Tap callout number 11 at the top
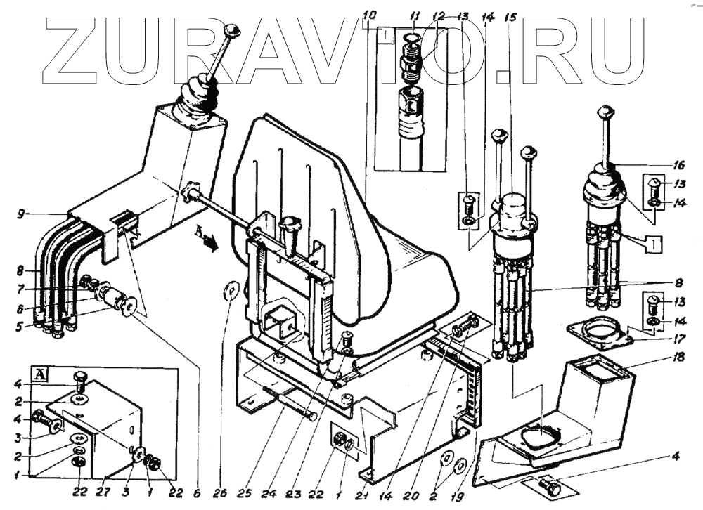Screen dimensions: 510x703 tap(415, 15)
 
